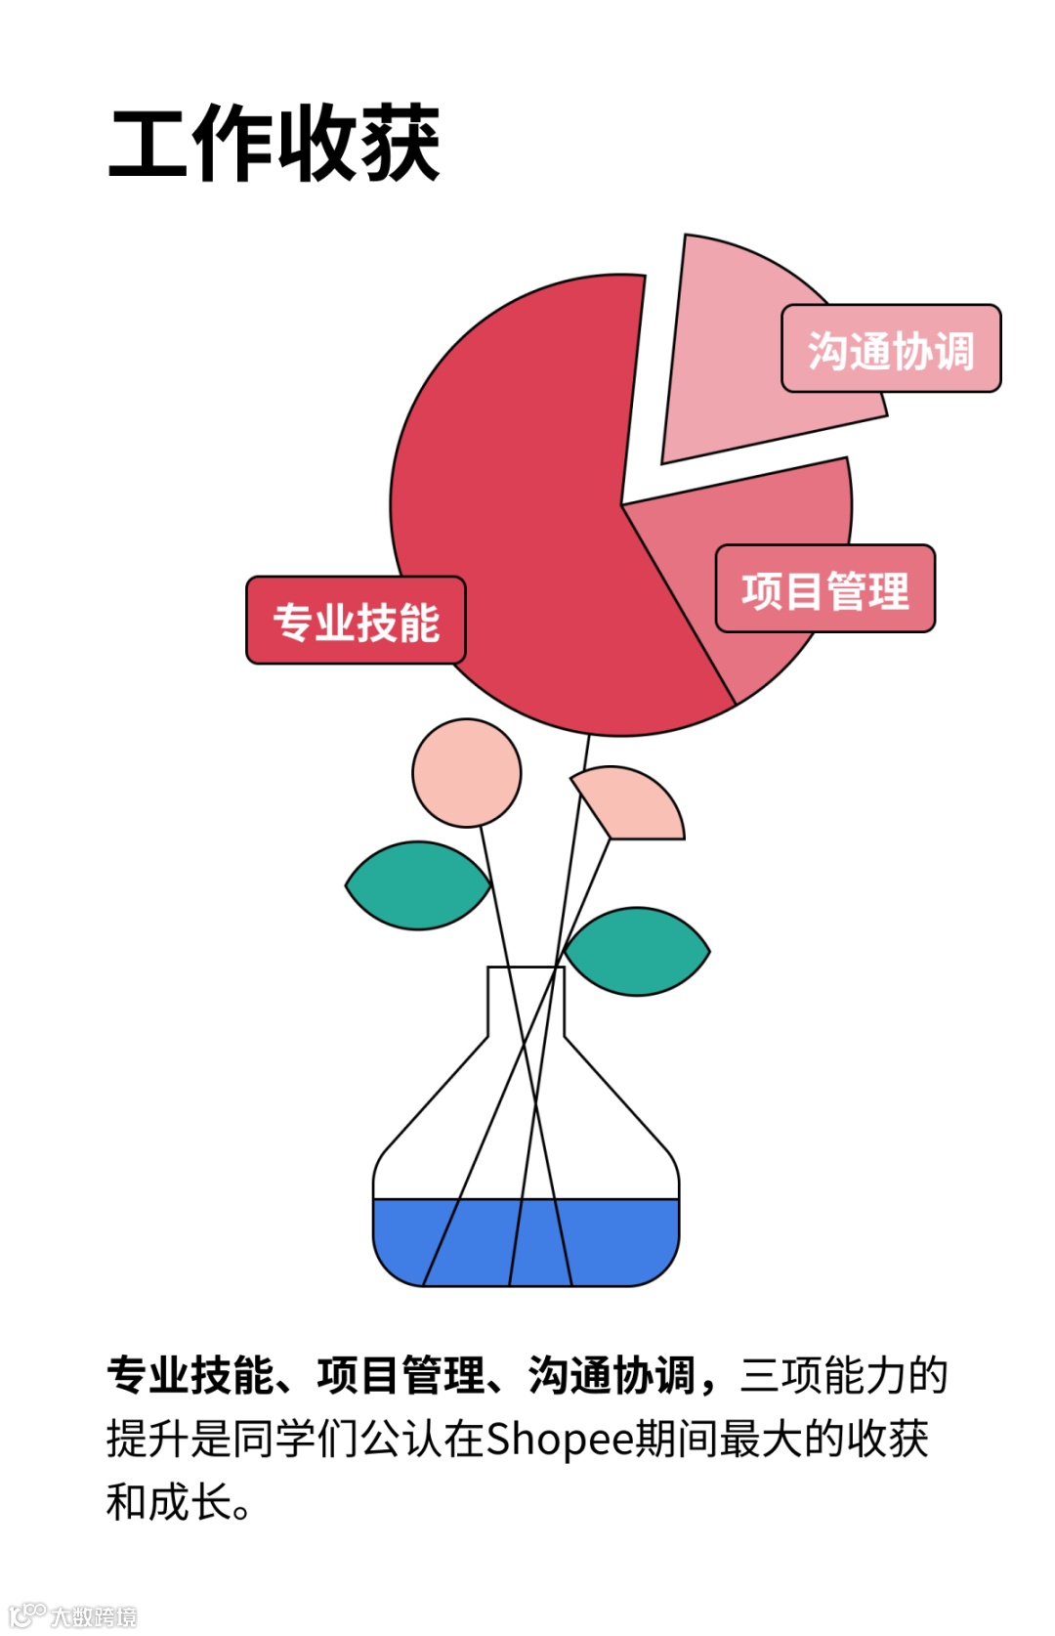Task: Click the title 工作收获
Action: coord(274,145)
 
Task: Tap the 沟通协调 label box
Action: coord(891,349)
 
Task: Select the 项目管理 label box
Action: coord(825,589)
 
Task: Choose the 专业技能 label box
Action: coord(356,622)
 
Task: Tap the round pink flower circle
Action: coord(467,773)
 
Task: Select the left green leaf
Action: coord(418,885)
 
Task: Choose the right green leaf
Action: coord(637,951)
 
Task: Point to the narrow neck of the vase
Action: coord(526,1002)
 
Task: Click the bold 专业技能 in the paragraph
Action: coord(191,1375)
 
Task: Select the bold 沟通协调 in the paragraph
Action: coord(612,1375)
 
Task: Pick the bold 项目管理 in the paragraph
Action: coord(401,1375)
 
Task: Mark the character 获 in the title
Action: coord(400,145)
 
